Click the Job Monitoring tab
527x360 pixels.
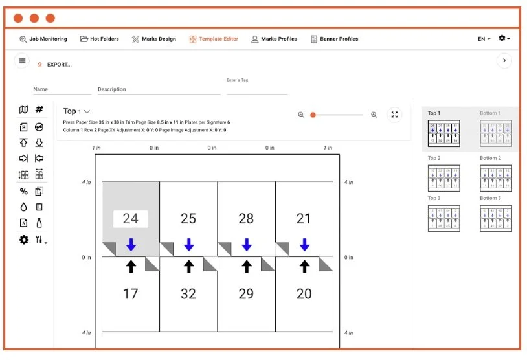[x=43, y=39]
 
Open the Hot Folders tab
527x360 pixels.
[x=100, y=39]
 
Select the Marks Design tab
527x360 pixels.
[x=154, y=39]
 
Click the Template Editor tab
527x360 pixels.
[x=214, y=39]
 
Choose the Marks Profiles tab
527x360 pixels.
[x=275, y=39]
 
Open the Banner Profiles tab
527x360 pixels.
[x=335, y=39]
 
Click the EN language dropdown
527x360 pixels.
[x=484, y=39]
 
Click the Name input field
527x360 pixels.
[x=62, y=89]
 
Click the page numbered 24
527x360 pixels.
[x=131, y=219]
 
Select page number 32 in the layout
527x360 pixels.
[x=188, y=294]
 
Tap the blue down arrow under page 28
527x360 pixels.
[x=247, y=245]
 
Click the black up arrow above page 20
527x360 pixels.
[x=304, y=266]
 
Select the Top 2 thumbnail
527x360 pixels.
[x=444, y=177]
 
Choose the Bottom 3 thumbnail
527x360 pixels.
[x=495, y=218]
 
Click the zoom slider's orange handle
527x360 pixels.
[x=313, y=115]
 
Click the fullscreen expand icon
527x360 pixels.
[x=394, y=115]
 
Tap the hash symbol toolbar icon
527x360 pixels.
[x=39, y=110]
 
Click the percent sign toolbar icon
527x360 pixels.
[x=24, y=191]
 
